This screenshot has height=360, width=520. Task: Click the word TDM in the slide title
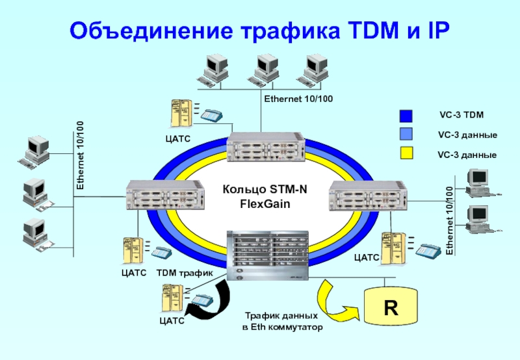click(x=368, y=30)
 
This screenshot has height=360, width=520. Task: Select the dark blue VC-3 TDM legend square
click(x=406, y=116)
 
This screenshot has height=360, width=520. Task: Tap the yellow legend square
click(x=406, y=155)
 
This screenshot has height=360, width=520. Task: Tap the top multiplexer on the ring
click(x=266, y=146)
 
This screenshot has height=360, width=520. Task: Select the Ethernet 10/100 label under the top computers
click(x=298, y=99)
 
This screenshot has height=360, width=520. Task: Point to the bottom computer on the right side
click(x=480, y=219)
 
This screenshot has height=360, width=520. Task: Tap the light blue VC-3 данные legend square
click(x=406, y=135)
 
